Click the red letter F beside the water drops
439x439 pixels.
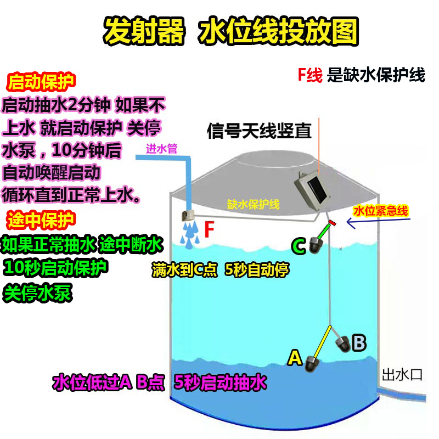point(209,230)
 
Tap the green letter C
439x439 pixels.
point(298,247)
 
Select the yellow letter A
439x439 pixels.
point(295,358)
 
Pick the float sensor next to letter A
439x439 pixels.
point(313,364)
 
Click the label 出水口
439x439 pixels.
point(402,375)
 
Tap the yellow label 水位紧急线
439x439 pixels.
point(381,211)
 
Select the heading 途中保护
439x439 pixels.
point(41,221)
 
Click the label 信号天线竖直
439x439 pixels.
point(259,131)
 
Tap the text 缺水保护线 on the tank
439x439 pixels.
point(254,205)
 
